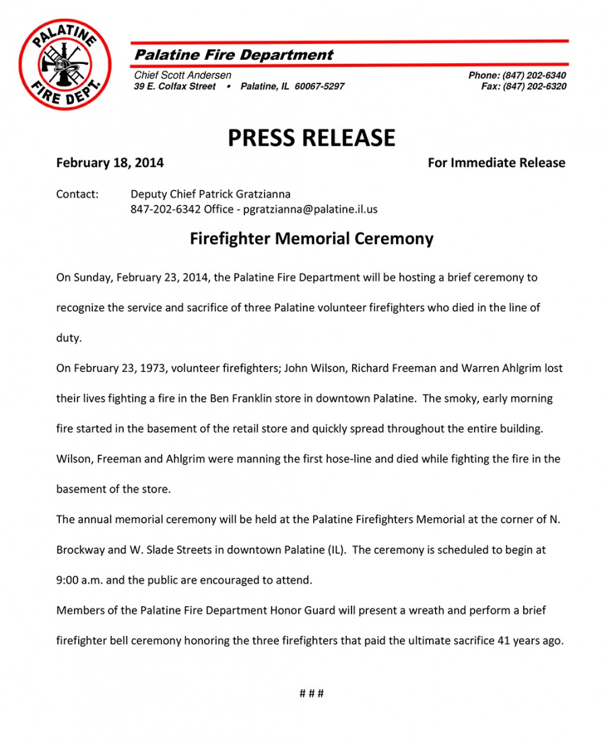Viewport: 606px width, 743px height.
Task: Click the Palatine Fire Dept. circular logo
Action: tap(65, 64)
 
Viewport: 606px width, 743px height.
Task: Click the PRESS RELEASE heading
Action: tap(311, 137)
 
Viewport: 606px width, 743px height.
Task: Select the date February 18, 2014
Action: tap(110, 163)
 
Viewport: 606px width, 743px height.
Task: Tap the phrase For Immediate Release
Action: tap(496, 163)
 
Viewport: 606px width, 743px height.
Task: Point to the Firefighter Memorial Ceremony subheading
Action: tap(311, 239)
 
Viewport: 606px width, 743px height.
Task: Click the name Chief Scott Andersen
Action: tap(182, 75)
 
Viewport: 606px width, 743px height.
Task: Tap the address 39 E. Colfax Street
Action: tap(175, 86)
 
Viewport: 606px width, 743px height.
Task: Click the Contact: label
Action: tap(77, 195)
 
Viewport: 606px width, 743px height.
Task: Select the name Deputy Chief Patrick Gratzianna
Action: tap(210, 195)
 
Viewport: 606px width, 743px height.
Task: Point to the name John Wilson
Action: tap(312, 368)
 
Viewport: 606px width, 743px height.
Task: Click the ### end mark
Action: tap(311, 693)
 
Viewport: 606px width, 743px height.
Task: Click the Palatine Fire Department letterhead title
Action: tap(234, 55)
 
